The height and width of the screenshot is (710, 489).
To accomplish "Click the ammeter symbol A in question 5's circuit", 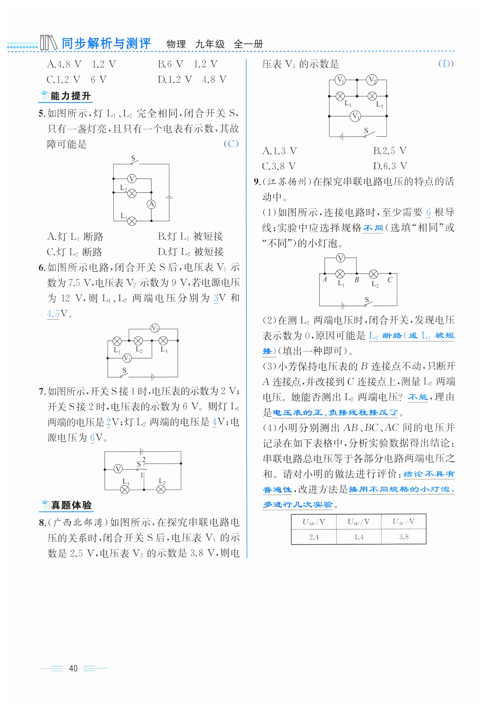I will pyautogui.click(x=151, y=204).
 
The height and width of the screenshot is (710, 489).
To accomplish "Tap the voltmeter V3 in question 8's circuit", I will pyautogui.click(x=355, y=116).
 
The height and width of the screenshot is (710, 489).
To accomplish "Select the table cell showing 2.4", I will pyautogui.click(x=314, y=537).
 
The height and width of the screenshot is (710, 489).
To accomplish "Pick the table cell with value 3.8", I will pyautogui.click(x=404, y=537).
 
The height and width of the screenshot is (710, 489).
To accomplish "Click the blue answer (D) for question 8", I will pyautogui.click(x=446, y=64).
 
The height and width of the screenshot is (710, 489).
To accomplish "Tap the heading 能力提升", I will pyautogui.click(x=71, y=96).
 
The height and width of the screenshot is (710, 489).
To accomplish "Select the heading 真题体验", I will pyautogui.click(x=71, y=505).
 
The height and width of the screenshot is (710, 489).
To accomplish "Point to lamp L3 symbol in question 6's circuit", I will pyautogui.click(x=163, y=341).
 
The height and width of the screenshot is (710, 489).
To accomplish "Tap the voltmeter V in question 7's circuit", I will pyautogui.click(x=118, y=469).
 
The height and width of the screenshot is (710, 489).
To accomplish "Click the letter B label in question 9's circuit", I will pyautogui.click(x=357, y=280).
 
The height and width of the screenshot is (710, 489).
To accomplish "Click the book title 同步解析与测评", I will pyautogui.click(x=106, y=44).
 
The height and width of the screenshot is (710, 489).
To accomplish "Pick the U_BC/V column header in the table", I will pyautogui.click(x=359, y=521).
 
